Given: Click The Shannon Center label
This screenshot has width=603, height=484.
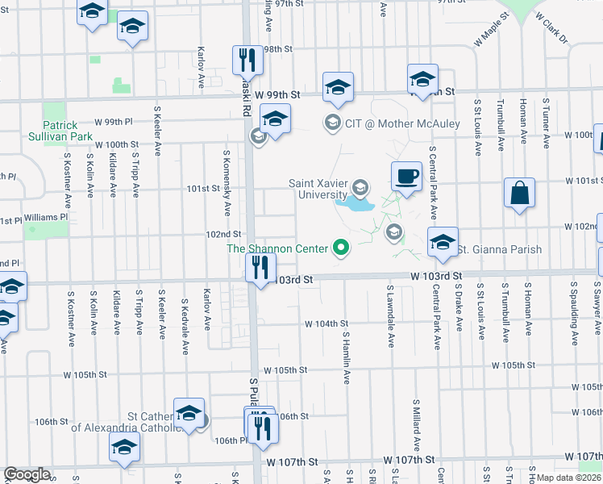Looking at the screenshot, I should (x=279, y=248).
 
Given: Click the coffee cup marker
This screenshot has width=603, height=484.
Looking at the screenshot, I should (x=406, y=176).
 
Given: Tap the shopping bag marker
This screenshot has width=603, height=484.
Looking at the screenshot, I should (x=520, y=194).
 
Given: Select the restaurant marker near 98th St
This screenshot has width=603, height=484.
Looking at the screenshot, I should (x=247, y=60).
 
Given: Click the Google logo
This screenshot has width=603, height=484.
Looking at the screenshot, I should (x=27, y=474).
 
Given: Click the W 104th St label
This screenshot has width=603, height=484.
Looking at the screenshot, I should (x=326, y=323).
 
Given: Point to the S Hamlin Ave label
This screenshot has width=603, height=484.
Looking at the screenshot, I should (x=345, y=356).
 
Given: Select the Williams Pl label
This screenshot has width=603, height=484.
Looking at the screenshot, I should (x=46, y=217).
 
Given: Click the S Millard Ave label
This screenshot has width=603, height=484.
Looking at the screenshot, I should (x=417, y=424).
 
